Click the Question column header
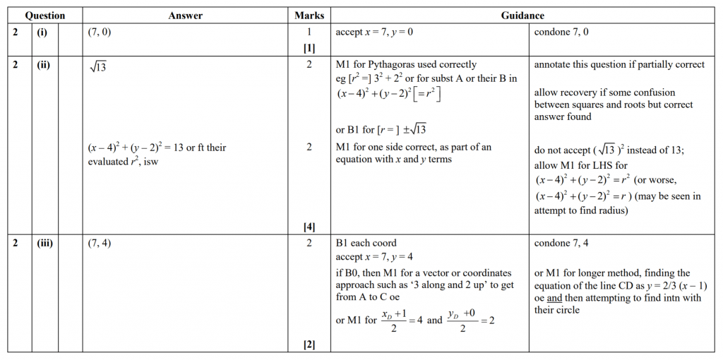pos(44,16)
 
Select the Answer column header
pos(186,16)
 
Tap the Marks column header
pos(309,16)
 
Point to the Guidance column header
pos(522,16)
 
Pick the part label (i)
pos(42,32)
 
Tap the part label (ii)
pos(43,65)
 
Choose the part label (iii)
pos(44,244)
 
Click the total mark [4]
pos(309,227)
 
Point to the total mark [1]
pos(309,48)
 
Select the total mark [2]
pos(309,344)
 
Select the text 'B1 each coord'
pos(366,244)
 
